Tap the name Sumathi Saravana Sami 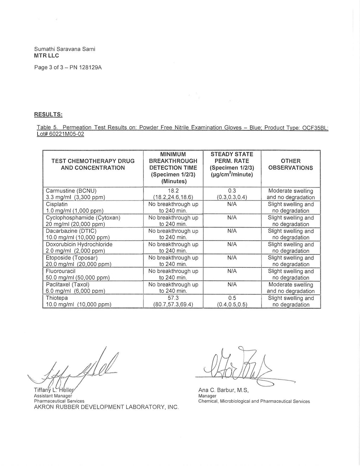tap(64, 49)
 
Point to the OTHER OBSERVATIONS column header tap(290, 164)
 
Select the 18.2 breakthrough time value tap(173, 191)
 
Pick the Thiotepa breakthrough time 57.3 tap(173, 298)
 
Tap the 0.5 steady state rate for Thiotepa tap(232, 298)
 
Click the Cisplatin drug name tap(57, 204)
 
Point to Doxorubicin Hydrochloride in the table tap(79, 244)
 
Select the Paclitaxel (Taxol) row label tap(67, 284)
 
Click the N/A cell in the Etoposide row tap(232, 258)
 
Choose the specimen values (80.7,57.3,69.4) tap(173, 305)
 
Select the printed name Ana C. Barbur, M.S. tap(223, 390)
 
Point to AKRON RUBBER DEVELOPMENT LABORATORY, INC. tap(106, 407)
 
